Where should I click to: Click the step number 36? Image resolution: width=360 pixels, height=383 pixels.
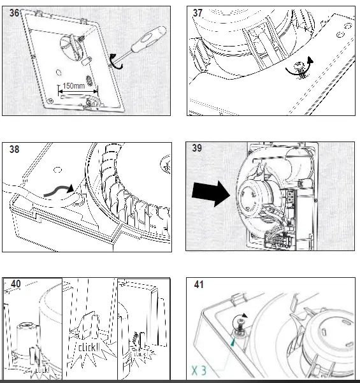pyautogui.click(x=14, y=13)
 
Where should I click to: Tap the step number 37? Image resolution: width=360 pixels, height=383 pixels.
pyautogui.click(x=198, y=13)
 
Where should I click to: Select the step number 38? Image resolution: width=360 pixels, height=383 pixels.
pyautogui.click(x=14, y=149)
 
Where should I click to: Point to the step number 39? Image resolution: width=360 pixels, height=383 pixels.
pyautogui.click(x=197, y=148)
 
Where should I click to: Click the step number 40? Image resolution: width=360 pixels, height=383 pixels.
pyautogui.click(x=16, y=284)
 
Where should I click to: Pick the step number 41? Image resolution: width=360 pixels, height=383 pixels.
pyautogui.click(x=198, y=285)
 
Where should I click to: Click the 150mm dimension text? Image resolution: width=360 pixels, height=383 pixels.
pyautogui.click(x=73, y=86)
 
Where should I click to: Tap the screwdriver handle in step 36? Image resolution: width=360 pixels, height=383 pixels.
pyautogui.click(x=148, y=39)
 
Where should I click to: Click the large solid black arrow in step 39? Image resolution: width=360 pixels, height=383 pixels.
pyautogui.click(x=211, y=194)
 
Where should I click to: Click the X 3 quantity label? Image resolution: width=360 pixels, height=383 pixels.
pyautogui.click(x=199, y=370)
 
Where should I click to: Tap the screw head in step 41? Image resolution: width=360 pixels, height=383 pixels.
pyautogui.click(x=241, y=328)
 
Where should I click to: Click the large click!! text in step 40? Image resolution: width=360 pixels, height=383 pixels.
pyautogui.click(x=89, y=347)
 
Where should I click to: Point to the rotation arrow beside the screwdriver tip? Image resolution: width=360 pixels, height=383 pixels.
pyautogui.click(x=116, y=61)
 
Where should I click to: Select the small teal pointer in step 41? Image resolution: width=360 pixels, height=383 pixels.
pyautogui.click(x=233, y=342)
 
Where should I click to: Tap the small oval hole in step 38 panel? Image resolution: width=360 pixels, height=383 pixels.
pyautogui.click(x=57, y=170)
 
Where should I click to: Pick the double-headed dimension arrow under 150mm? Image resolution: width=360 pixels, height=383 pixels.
pyautogui.click(x=78, y=92)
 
